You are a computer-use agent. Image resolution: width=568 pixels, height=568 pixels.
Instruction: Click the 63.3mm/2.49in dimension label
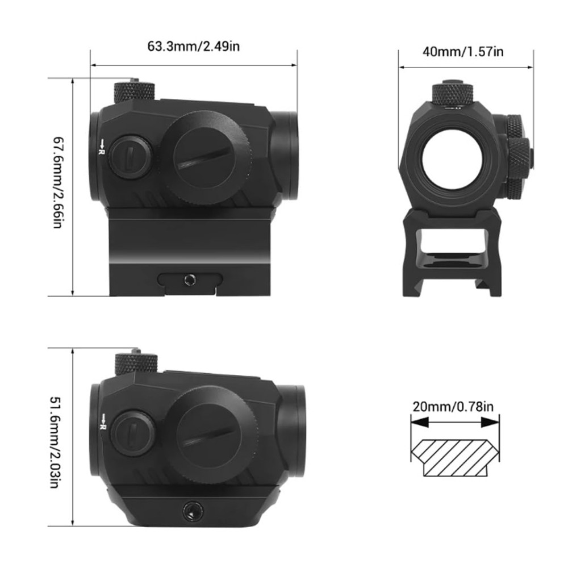(194, 46)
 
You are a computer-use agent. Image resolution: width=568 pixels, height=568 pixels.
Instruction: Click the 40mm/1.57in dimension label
(463, 52)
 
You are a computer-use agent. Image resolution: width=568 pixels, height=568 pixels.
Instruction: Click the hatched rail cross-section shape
(454, 457)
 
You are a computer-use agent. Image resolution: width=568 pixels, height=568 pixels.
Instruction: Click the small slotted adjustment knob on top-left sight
(130, 156)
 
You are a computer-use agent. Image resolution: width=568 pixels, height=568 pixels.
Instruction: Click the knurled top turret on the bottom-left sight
(135, 362)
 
